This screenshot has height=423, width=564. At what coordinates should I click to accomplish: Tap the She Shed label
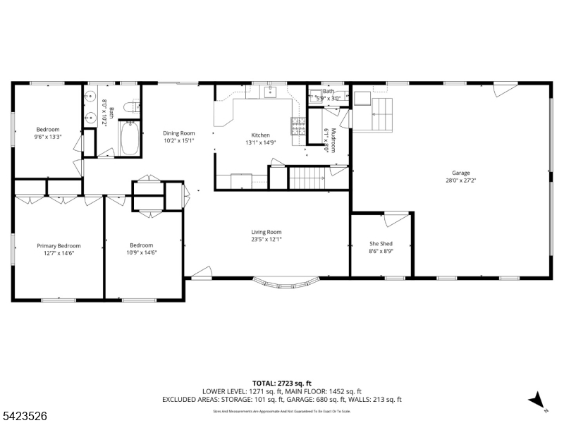click(x=381, y=244)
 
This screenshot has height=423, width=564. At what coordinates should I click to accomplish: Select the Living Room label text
click(x=266, y=232)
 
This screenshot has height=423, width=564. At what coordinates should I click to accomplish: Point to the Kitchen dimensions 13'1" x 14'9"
click(x=260, y=142)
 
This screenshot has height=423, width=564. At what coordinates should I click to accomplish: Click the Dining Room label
click(x=178, y=133)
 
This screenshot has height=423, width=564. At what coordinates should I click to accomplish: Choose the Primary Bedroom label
click(x=59, y=245)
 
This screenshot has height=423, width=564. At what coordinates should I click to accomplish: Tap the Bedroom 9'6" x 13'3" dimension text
click(x=48, y=137)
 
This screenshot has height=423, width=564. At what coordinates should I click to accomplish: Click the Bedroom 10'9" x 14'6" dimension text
click(x=141, y=252)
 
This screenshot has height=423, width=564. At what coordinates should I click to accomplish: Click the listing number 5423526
click(x=24, y=417)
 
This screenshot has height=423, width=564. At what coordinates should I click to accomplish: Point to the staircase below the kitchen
click(x=307, y=178)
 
